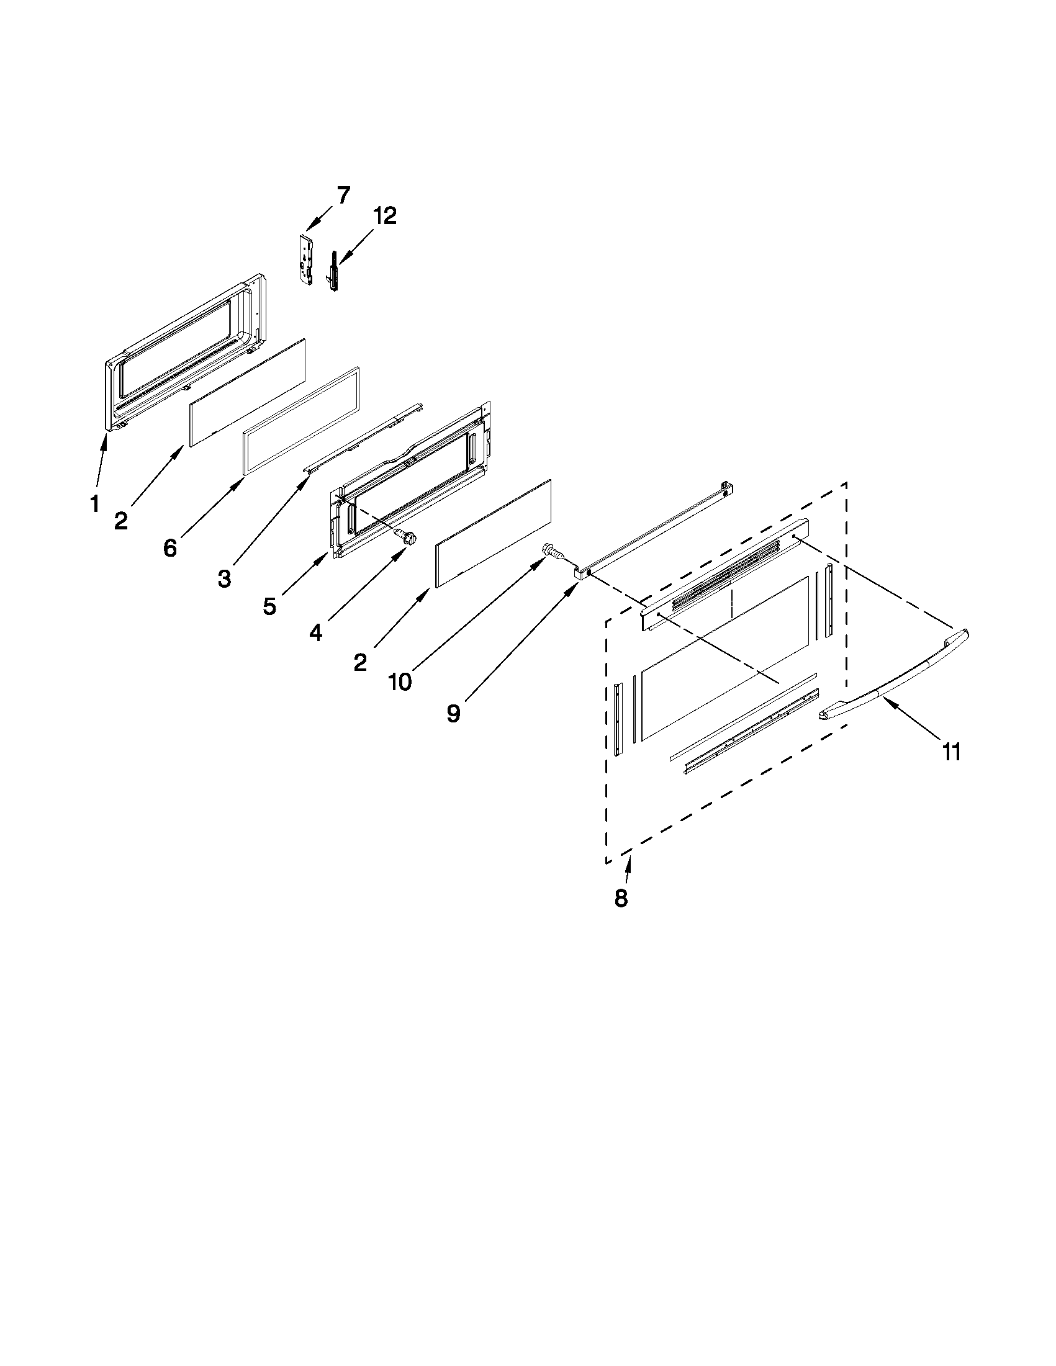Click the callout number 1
point(95,503)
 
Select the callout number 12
point(385,216)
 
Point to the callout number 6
point(170,549)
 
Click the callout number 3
point(224,578)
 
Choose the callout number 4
point(316,633)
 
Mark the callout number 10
point(400,681)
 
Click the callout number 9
point(454,713)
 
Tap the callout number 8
point(621,899)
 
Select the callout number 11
point(951,752)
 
